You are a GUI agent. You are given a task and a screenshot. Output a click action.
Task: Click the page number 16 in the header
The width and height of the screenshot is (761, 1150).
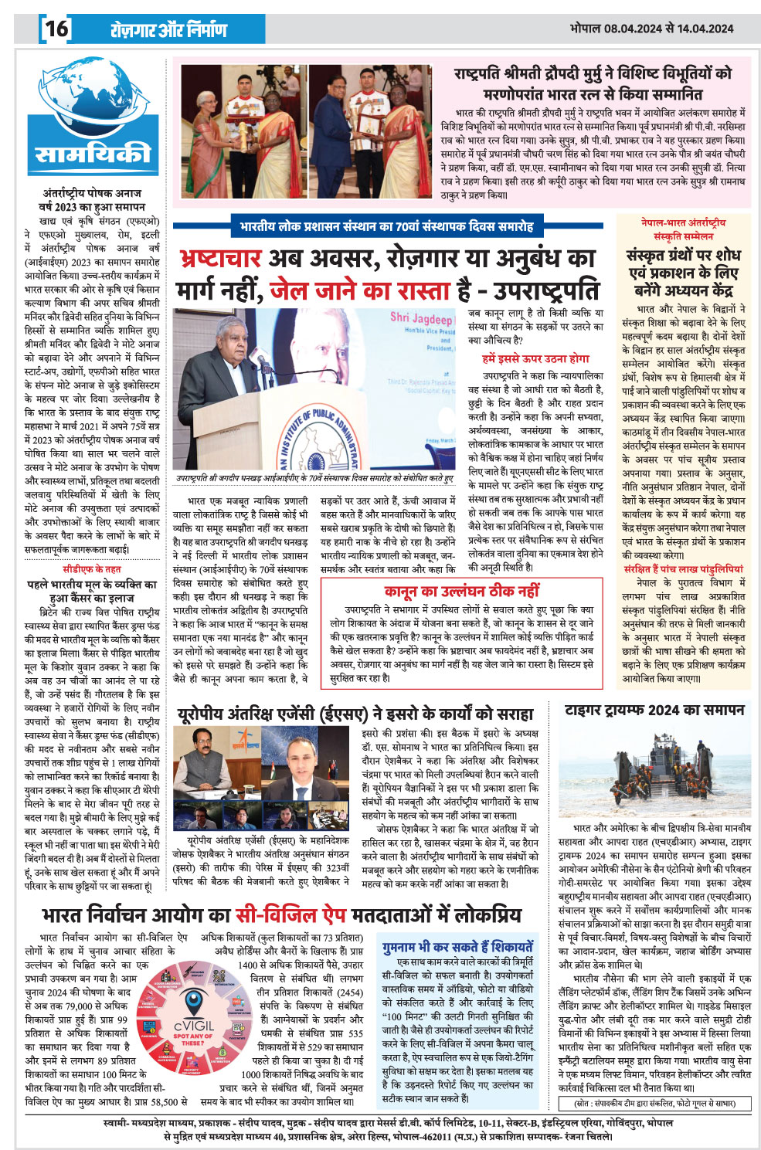pos(56,29)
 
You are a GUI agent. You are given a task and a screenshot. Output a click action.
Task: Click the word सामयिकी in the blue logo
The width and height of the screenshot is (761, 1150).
pos(92,154)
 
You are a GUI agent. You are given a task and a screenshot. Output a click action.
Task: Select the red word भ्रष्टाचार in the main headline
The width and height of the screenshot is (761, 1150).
pos(219,258)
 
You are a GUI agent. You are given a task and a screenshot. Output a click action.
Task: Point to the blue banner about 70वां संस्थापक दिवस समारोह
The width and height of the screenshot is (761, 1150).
pos(386,226)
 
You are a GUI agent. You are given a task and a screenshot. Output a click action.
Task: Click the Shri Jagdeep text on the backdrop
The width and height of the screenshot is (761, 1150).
pos(420,317)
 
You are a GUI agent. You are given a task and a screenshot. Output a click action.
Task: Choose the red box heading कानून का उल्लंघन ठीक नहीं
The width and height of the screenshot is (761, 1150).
pos(461,592)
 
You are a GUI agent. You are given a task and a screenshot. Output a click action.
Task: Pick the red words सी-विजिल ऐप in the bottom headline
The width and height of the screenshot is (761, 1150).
pos(292,915)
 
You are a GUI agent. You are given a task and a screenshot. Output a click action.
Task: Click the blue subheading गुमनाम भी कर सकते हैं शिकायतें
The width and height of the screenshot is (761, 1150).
pos(457,947)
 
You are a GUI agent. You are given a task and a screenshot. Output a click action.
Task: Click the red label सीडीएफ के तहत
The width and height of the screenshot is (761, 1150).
pos(92,570)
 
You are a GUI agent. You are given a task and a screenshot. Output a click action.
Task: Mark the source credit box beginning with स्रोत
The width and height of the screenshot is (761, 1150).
pos(655,1103)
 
